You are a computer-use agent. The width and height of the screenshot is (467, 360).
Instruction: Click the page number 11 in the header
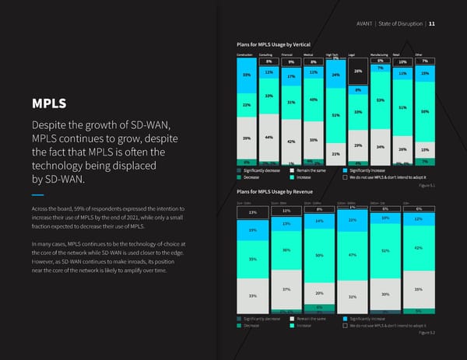pos(432,23)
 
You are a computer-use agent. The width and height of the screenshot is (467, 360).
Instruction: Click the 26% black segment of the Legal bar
pos(358,72)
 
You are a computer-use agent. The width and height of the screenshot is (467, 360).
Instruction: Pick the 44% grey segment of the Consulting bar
pos(269,138)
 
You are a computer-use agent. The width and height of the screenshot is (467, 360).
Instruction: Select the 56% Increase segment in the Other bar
pos(425,112)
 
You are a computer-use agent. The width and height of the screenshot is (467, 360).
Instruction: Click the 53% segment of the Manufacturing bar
pos(380,100)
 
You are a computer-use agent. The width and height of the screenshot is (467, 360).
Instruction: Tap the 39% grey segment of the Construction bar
pos(246,138)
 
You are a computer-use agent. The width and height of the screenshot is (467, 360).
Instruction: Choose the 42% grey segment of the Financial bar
pos(290,142)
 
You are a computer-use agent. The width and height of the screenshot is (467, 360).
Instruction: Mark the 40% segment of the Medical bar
pos(313,100)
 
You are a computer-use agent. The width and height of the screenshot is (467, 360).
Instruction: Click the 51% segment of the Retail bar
pos(402,108)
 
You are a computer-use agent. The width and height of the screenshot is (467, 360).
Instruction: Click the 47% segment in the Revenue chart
pos(353,255)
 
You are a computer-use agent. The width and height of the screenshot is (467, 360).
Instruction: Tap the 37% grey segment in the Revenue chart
pos(286,290)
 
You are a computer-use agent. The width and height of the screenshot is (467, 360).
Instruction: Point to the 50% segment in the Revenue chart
pos(319,256)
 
